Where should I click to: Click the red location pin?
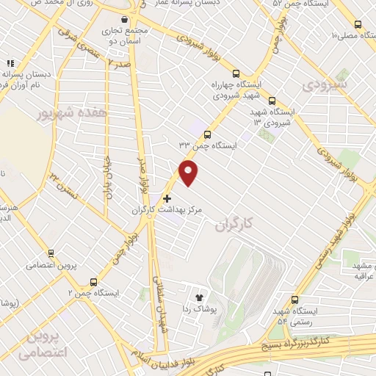(189, 173)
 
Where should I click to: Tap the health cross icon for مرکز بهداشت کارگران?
(167, 198)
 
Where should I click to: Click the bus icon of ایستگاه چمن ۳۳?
(208, 134)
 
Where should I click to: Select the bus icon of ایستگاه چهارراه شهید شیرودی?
(235, 73)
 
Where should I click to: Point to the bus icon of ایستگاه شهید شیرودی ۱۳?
(272, 101)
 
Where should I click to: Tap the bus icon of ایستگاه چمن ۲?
(93, 281)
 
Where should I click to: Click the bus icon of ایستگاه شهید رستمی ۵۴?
(295, 300)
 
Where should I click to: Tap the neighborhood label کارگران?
(239, 227)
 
